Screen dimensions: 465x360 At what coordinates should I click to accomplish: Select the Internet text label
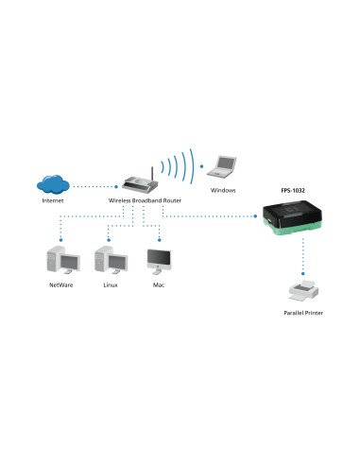[54, 202]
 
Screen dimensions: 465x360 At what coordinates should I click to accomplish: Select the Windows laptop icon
[224, 165]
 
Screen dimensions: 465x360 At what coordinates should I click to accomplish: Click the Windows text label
[223, 190]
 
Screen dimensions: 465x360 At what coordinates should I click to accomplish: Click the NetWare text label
[61, 284]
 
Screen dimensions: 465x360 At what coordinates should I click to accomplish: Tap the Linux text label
[110, 284]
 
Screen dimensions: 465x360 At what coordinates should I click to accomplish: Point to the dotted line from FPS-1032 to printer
[302, 255]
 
